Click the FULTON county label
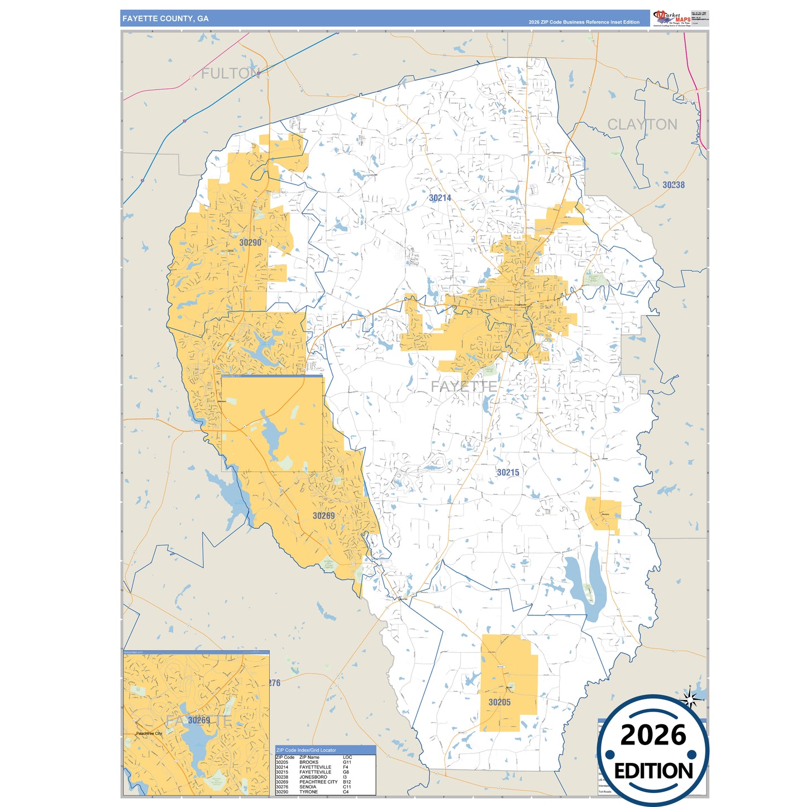point(230,74)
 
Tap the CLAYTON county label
point(642,125)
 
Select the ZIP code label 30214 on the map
point(440,198)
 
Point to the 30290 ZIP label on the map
point(250,243)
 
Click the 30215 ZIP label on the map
point(508,472)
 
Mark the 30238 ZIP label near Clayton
point(673,185)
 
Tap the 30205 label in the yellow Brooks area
point(499,703)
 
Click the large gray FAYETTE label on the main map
point(464,386)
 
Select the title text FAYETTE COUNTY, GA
point(165,18)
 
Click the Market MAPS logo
point(671,18)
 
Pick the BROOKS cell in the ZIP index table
point(309,762)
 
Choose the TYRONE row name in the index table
point(308,792)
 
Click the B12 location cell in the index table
point(347,782)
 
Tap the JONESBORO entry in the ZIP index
point(313,777)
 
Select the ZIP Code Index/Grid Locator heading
point(306,750)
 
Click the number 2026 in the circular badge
point(653,736)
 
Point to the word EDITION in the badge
point(653,771)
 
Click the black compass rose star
point(690,699)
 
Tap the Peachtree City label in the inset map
point(149,733)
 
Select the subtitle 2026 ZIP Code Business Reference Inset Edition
point(584,22)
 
